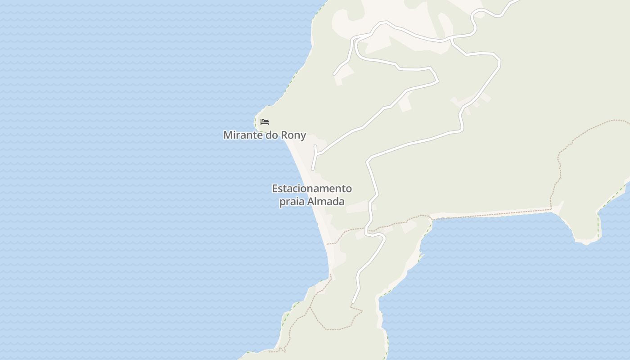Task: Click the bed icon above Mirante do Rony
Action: tap(265, 122)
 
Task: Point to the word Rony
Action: tap(293, 135)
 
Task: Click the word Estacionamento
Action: tap(312, 188)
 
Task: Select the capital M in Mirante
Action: tap(228, 135)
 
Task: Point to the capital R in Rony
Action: tap(284, 135)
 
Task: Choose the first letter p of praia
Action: tap(282, 202)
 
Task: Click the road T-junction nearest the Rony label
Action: tap(317, 154)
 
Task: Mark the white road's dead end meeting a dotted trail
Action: tap(353, 303)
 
